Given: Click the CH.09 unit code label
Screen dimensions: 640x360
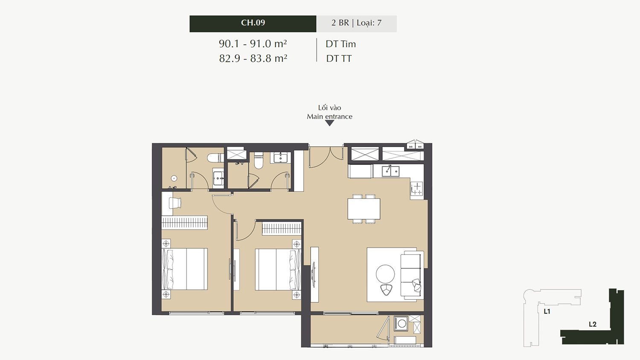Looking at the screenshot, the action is click(253, 23).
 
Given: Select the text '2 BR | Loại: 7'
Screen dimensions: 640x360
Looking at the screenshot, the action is click(356, 23).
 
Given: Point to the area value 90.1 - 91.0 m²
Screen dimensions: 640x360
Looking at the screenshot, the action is click(253, 44).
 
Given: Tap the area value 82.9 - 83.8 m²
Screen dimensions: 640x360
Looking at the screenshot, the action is click(253, 58).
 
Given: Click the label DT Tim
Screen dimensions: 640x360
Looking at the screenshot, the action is click(340, 44).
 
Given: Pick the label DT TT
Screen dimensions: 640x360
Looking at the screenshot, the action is click(339, 58).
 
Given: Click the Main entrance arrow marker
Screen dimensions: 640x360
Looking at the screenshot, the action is click(330, 123).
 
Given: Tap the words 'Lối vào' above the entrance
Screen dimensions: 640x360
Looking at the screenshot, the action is click(330, 108).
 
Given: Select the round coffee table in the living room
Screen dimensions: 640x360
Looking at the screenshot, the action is click(385, 274).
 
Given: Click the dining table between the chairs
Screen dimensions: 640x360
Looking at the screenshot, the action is click(364, 209).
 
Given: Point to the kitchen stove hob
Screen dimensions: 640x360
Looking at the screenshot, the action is click(417, 189).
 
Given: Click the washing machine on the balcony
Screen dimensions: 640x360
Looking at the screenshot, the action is click(402, 323).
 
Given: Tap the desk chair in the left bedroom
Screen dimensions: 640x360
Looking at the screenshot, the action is click(175, 203).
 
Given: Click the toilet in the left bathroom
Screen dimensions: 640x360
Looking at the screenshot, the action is click(215, 157).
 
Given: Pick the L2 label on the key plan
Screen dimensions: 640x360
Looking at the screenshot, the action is click(593, 324).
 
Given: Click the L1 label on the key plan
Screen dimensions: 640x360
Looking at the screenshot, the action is click(547, 311).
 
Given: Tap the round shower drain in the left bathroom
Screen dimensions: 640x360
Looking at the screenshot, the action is click(174, 178).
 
